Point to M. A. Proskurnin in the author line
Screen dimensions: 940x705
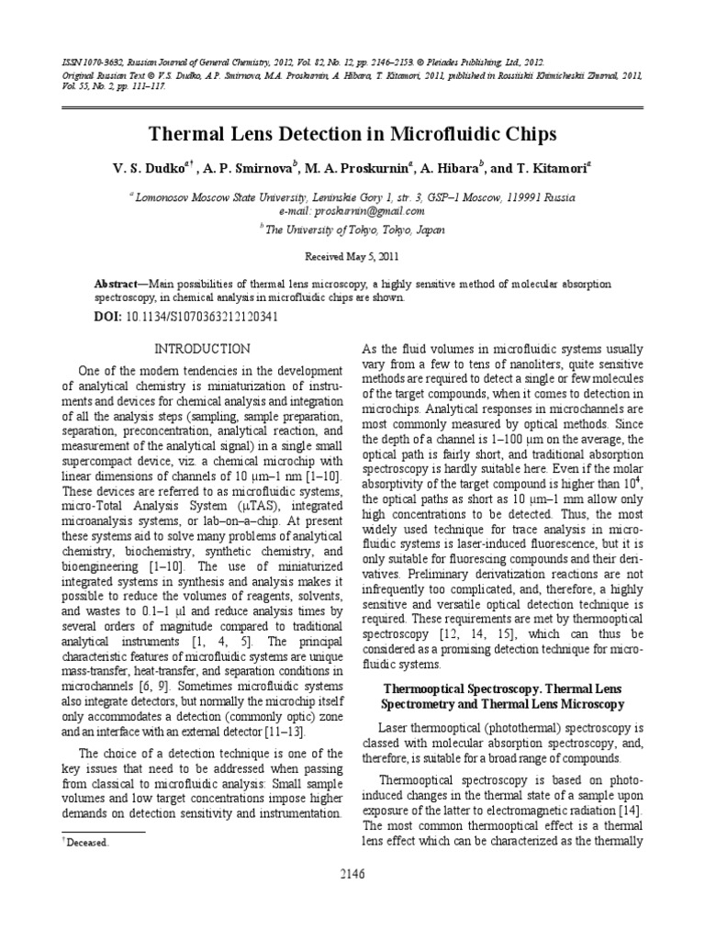pyautogui.click(x=357, y=168)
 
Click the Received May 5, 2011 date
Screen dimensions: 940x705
pyautogui.click(x=352, y=260)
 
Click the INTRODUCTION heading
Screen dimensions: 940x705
pyautogui.click(x=201, y=349)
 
